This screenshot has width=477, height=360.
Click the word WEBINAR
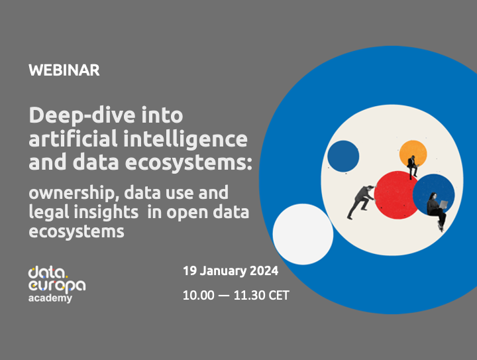64,70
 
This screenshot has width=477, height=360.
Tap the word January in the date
221,271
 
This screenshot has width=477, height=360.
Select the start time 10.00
198,296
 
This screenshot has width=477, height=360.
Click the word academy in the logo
50,298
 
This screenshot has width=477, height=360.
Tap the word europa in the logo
57,284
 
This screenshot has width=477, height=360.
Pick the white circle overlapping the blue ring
303,233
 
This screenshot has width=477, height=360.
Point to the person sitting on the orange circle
412,166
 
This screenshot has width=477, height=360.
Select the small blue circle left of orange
344,156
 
